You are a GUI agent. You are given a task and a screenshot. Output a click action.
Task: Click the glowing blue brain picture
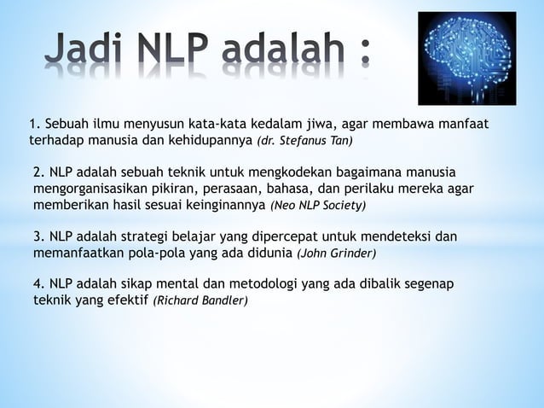pos(472,58)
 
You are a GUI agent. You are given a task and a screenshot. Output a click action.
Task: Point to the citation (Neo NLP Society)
pos(317,207)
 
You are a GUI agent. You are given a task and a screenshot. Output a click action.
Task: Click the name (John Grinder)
pos(336,254)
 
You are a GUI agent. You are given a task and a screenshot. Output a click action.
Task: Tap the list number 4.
pos(38,283)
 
